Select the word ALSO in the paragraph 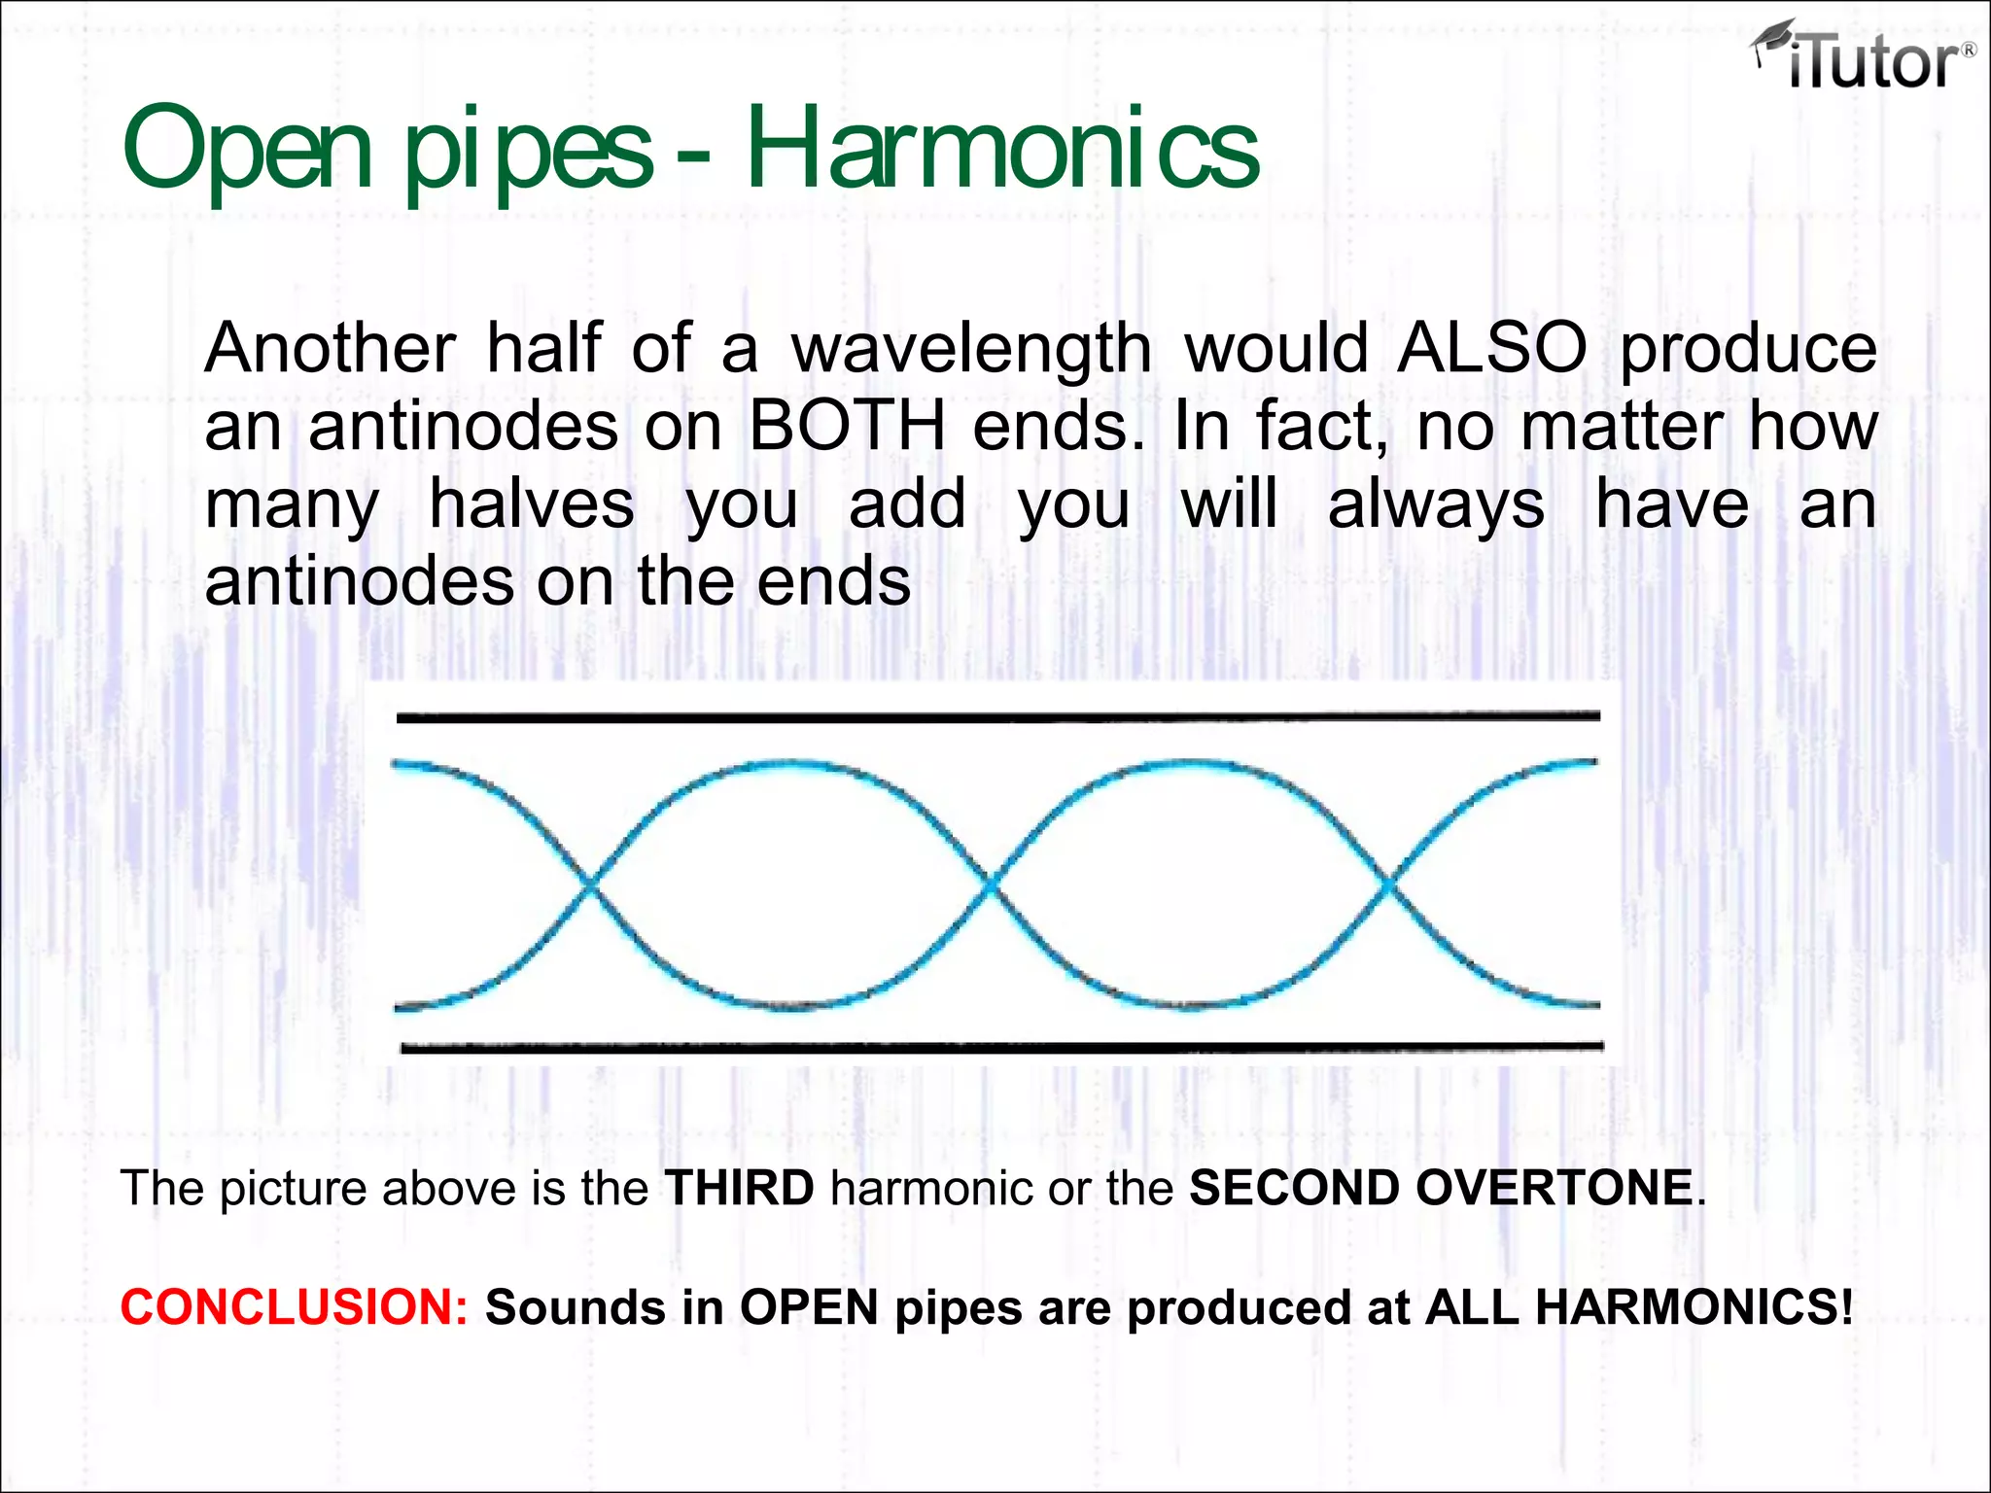(x=1491, y=348)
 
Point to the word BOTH (x=847, y=426)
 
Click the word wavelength (x=971, y=348)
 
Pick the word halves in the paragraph (x=532, y=503)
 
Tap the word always (x=1436, y=503)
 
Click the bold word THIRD (x=739, y=1188)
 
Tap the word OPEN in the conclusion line (x=809, y=1307)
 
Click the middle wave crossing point (x=990, y=884)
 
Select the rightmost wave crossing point (x=1387, y=884)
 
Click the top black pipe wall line (x=997, y=717)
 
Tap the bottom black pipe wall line (x=1001, y=1048)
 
